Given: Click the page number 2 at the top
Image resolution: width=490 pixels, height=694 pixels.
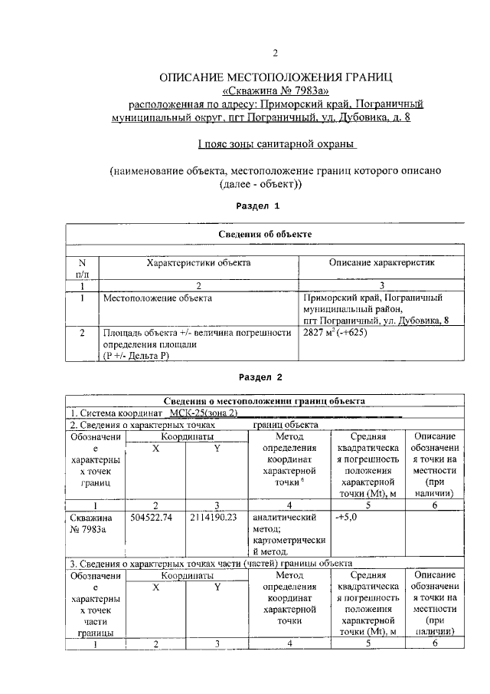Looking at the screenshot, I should tap(275, 53).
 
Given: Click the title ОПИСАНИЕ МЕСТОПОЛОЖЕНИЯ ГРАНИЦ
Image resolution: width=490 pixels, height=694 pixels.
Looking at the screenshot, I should tap(275, 77).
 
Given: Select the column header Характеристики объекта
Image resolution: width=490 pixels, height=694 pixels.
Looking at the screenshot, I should tap(198, 262).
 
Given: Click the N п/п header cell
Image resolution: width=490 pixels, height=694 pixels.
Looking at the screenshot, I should tap(83, 268).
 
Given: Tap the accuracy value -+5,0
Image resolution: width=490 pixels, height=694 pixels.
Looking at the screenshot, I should tap(347, 518).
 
